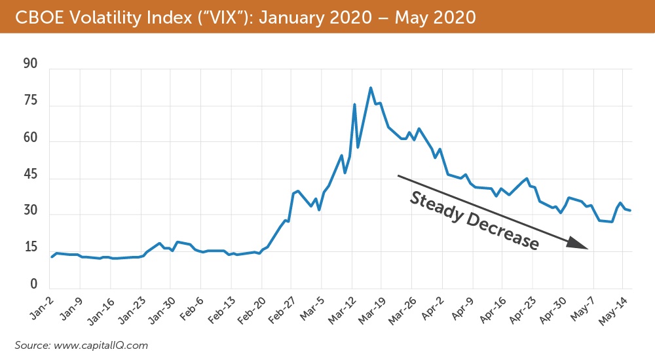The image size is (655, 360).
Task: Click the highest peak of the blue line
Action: click(371, 88)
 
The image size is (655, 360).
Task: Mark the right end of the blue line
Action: click(630, 210)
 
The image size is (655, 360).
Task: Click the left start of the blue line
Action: click(52, 257)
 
